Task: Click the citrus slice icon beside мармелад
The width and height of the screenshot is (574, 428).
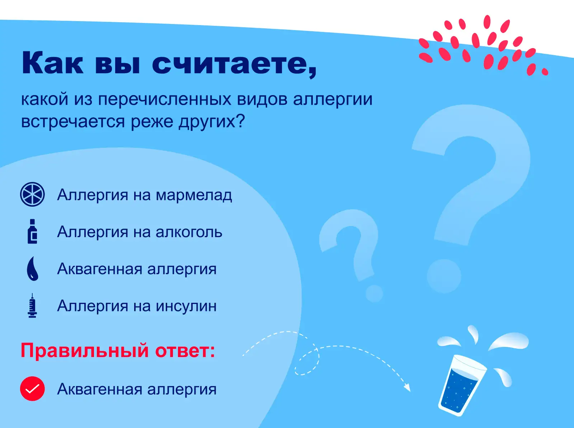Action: (x=32, y=194)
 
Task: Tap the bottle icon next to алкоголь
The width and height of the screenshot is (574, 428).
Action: (x=32, y=231)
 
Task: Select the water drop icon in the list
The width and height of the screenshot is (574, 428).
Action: (x=33, y=268)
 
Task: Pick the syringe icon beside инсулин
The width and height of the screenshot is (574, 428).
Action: (x=32, y=305)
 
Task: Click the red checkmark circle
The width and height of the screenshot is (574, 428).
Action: (x=32, y=389)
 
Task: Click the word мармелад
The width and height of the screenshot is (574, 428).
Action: (x=194, y=195)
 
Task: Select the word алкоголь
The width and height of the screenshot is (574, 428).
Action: (x=189, y=232)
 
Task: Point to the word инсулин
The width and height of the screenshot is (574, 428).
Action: (x=186, y=306)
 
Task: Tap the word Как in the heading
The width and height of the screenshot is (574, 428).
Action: (x=52, y=63)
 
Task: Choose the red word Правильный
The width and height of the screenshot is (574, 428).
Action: (x=85, y=351)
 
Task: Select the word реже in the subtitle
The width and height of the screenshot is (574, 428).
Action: (x=152, y=122)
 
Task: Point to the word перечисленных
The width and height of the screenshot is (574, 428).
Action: (x=165, y=99)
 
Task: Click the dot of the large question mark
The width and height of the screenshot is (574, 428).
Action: (x=444, y=276)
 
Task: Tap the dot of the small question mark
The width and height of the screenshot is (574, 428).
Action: (x=374, y=293)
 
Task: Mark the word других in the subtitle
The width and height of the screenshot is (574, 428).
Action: (x=212, y=122)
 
